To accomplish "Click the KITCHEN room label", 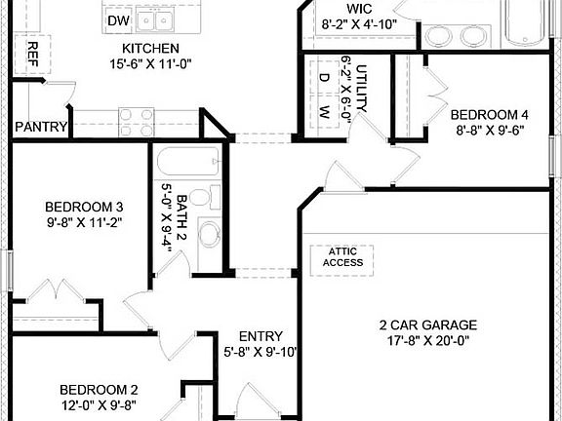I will pos(149,48).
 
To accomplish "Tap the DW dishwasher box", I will pos(118,19).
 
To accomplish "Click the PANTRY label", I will pos(41,127).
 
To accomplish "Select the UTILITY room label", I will pos(360,88).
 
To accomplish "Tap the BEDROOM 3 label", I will pos(84,206).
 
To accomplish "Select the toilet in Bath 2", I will pos(201,198).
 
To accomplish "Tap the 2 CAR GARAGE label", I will pos(428,325).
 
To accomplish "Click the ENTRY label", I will pos(260,336).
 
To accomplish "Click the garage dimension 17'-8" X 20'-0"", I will pos(428,341).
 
